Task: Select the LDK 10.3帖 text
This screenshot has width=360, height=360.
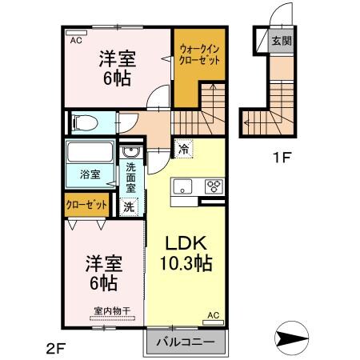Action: (190, 252)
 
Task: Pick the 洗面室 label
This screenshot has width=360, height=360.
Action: (130, 178)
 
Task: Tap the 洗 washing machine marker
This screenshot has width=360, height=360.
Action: (129, 206)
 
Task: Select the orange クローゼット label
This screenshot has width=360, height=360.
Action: (86, 205)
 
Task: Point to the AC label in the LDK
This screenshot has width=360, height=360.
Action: (214, 315)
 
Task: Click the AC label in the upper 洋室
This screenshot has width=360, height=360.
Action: (76, 40)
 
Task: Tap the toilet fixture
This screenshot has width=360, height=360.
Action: (83, 123)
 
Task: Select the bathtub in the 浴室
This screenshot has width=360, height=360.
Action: (91, 152)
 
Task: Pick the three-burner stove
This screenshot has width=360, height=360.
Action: (214, 186)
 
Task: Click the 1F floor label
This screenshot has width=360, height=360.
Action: (280, 158)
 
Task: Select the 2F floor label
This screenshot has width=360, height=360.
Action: (54, 347)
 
